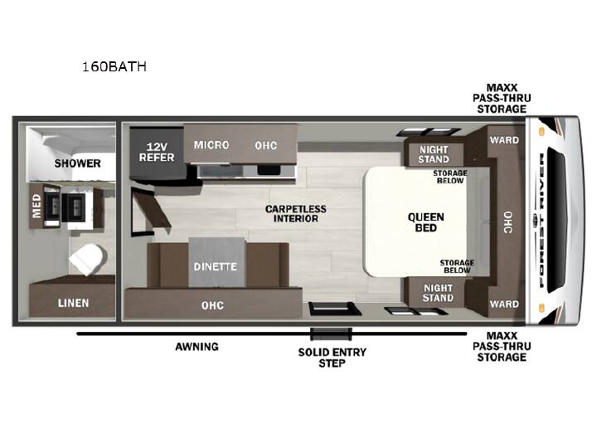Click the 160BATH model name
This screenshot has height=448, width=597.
tap(114, 66)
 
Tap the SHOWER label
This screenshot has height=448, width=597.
tap(77, 163)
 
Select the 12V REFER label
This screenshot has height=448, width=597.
tap(157, 152)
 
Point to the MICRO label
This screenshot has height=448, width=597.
tap(211, 145)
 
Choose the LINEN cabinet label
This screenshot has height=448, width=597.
tap(74, 304)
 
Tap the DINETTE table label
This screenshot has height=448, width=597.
tap(215, 266)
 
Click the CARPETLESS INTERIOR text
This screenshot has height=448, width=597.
tap(296, 214)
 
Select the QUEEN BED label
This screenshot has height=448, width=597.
tap(425, 222)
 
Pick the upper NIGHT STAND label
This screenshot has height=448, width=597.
tap(434, 154)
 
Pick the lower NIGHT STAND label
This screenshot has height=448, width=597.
tap(438, 293)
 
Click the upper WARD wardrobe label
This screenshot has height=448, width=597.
tap(504, 140)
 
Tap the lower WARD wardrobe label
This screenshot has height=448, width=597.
tap(504, 304)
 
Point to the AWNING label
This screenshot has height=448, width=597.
tap(197, 347)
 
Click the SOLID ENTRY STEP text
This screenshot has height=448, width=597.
tap(332, 358)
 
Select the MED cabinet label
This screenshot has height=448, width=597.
tap(36, 206)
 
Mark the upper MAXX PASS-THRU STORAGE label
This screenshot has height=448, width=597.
tap(502, 98)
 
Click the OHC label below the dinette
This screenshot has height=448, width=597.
tap(212, 305)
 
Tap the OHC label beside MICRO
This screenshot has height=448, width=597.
tap(266, 145)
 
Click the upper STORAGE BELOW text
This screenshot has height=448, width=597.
tap(450, 177)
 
